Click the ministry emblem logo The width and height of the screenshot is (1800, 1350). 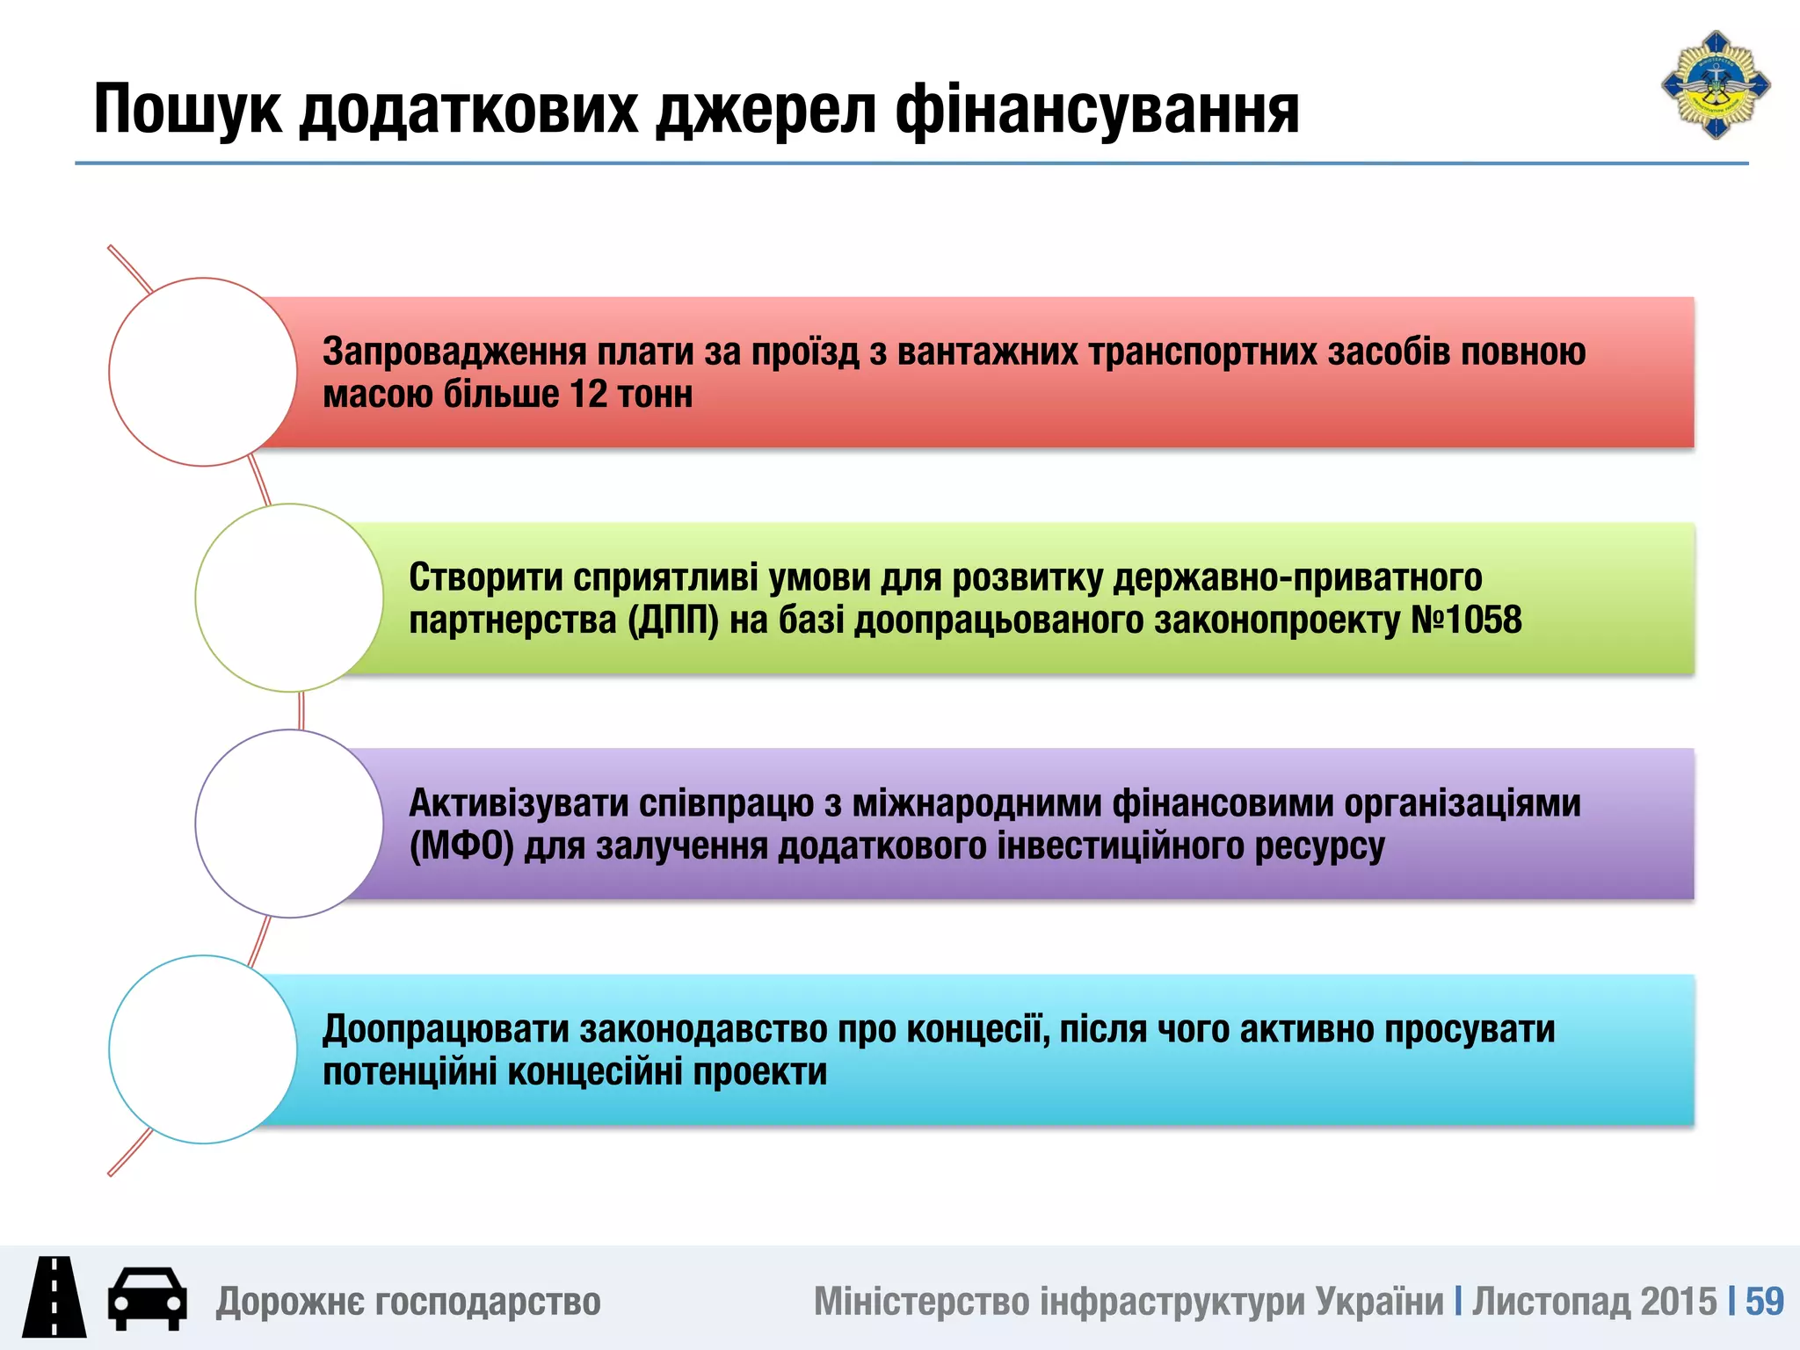click(1715, 85)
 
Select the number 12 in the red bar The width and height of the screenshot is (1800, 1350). click(588, 394)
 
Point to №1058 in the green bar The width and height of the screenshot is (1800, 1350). click(1466, 621)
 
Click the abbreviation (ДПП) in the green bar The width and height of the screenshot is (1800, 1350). click(672, 621)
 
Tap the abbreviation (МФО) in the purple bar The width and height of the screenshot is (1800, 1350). click(461, 846)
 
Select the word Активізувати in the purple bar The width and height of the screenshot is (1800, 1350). click(518, 803)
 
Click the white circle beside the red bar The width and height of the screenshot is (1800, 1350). click(203, 372)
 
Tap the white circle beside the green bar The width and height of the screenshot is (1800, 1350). click(289, 598)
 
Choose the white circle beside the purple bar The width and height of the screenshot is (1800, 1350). click(289, 824)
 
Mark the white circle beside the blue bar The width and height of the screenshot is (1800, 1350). click(203, 1049)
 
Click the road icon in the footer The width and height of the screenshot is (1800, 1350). click(54, 1297)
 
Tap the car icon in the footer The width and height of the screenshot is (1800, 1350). click(147, 1298)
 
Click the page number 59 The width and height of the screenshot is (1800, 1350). click(1764, 1302)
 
